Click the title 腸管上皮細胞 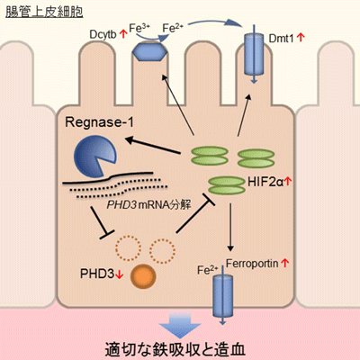tap(44, 12)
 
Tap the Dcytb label tap(103, 34)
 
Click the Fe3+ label tap(139, 28)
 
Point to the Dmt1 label tap(281, 38)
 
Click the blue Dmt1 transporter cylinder tap(254, 54)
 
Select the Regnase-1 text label tap(99, 122)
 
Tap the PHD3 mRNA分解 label tap(149, 205)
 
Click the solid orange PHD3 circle tap(143, 276)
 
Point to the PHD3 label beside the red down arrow tap(97, 274)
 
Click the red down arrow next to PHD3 tap(120, 274)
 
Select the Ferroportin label tap(252, 264)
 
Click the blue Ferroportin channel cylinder tap(223, 295)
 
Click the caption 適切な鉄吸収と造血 tap(175, 349)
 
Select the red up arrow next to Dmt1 tap(301, 38)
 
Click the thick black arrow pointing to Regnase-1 tap(153, 146)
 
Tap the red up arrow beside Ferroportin tap(284, 263)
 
